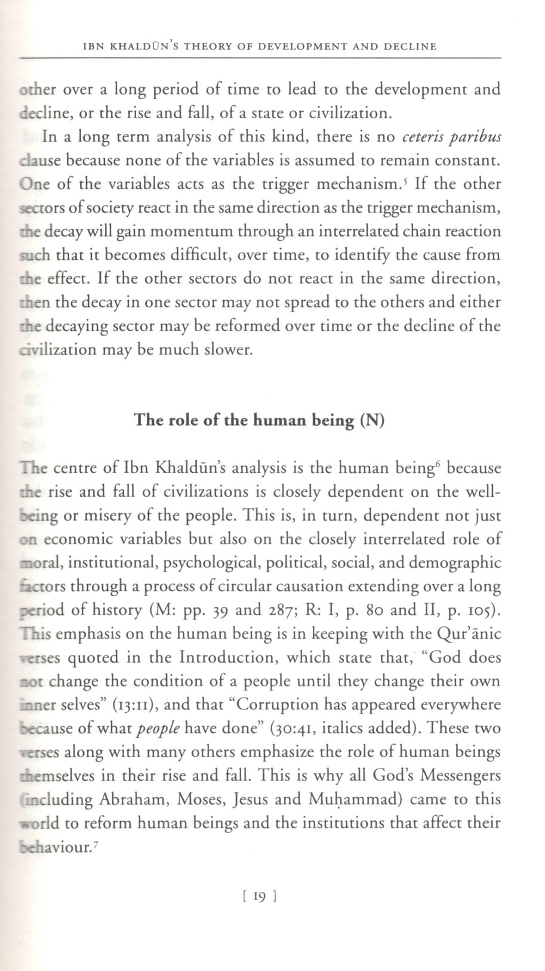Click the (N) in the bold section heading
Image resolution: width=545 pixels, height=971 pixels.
tap(372, 420)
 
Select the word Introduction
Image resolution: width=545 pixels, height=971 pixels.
tap(225, 657)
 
